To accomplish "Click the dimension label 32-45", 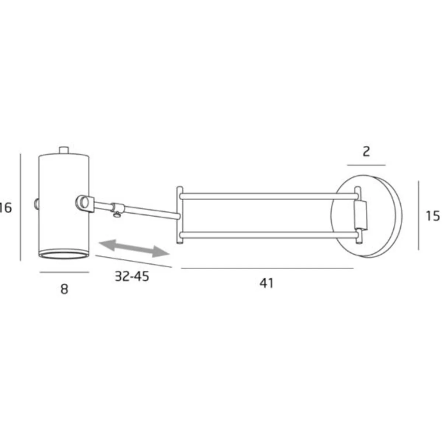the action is coord(132,277).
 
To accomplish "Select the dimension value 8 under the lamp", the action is coord(64,289).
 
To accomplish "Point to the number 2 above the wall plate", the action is coord(366,152).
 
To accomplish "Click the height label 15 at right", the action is coord(432,216).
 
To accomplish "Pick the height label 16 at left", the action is coord(6,208).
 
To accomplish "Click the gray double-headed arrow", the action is coord(134,248).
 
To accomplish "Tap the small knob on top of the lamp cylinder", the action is coord(64,150).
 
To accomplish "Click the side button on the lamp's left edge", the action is coord(36,203).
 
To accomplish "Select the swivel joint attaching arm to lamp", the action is coord(85,203).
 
